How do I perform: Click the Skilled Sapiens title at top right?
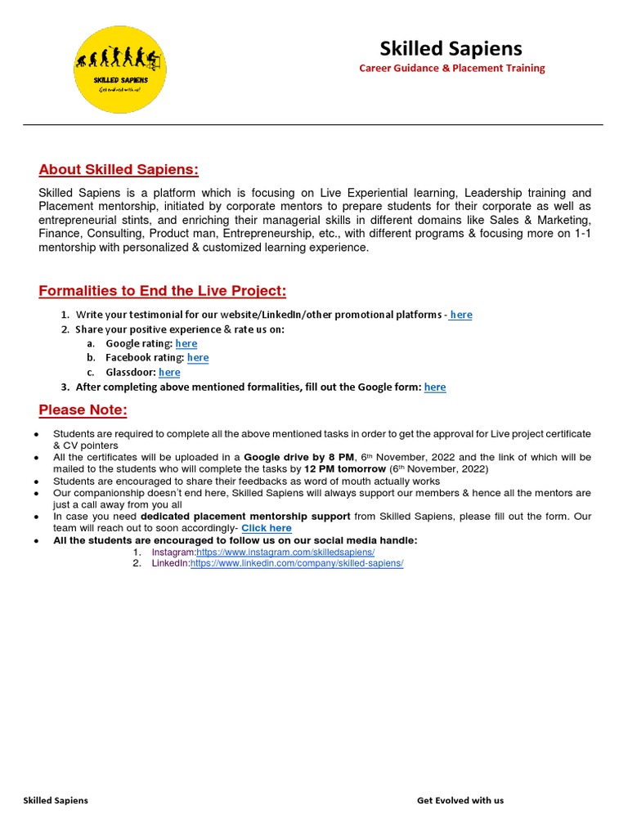pos(451,48)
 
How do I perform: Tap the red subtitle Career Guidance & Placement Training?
pos(452,68)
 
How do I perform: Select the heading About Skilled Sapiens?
pos(119,169)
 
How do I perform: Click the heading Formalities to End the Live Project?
pos(163,292)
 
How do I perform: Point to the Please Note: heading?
pos(83,410)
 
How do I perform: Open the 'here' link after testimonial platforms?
pos(461,315)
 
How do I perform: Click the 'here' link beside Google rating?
pos(186,343)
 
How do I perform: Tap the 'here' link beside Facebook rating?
pos(198,357)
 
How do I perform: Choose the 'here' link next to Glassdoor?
pos(169,372)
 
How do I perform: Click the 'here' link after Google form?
pos(435,387)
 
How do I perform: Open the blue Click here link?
pos(267,528)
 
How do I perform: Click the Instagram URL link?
pos(285,553)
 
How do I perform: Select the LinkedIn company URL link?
pos(297,564)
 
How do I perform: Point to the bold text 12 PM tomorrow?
pos(344,469)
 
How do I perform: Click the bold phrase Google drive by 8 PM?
pos(300,457)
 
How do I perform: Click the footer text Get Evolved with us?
pos(460,800)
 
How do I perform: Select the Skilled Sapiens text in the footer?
pos(56,800)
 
